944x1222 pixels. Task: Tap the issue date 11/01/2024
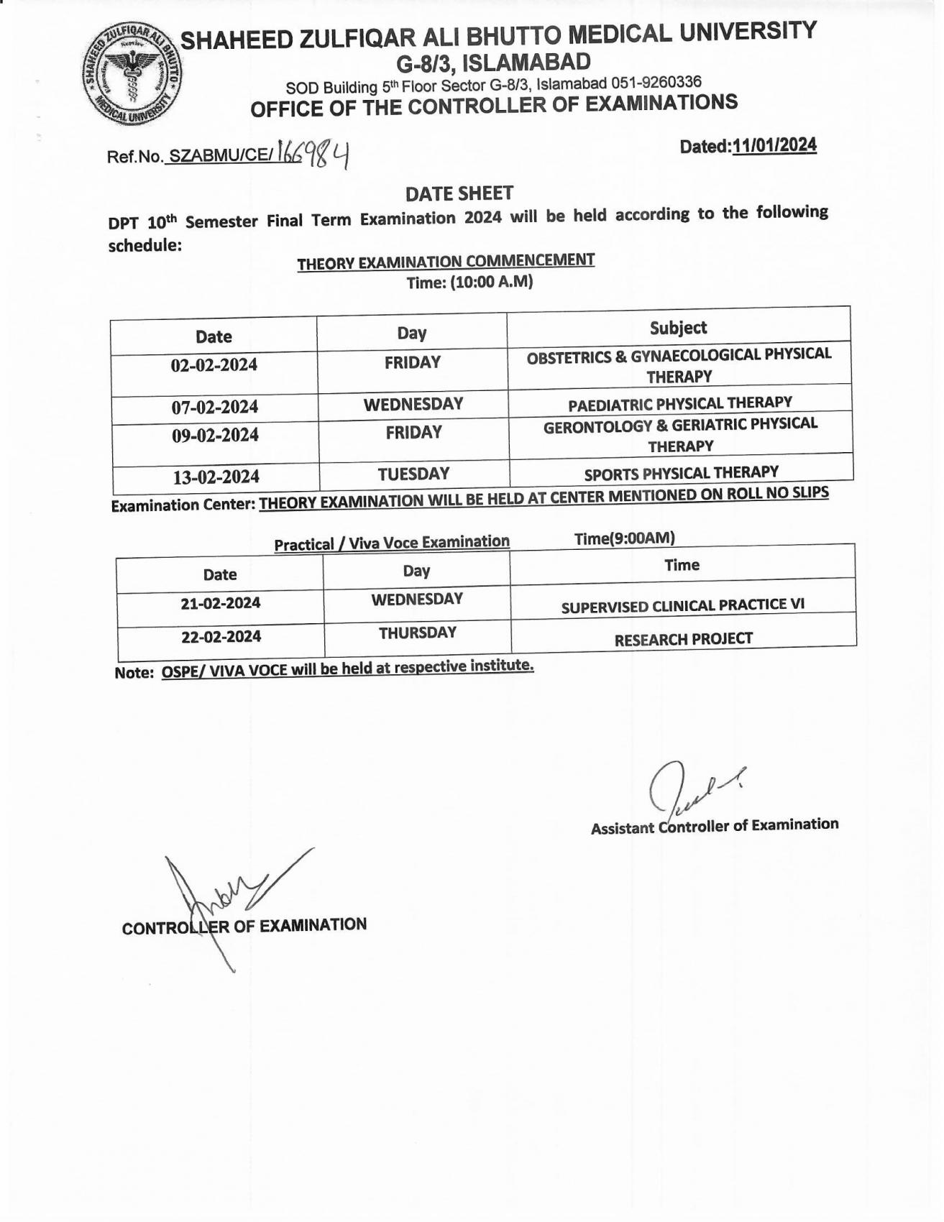click(774, 145)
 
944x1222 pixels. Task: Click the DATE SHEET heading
click(459, 193)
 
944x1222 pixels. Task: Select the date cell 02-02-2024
click(214, 364)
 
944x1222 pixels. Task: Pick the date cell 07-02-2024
click(214, 407)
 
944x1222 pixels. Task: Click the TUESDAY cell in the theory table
click(413, 474)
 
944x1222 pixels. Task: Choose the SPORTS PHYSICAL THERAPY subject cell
click(681, 473)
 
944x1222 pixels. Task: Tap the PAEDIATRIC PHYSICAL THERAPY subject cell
click(679, 403)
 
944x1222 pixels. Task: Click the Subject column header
click(678, 328)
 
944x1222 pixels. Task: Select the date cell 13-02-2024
click(216, 477)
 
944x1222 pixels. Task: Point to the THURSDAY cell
click(417, 633)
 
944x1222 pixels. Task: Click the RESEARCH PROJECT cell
click(683, 639)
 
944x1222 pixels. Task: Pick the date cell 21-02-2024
click(220, 602)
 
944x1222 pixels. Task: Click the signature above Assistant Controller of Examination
click(690, 789)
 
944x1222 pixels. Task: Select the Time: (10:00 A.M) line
click(469, 282)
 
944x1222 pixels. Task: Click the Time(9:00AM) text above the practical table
click(624, 538)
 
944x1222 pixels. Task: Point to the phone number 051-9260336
click(656, 82)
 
